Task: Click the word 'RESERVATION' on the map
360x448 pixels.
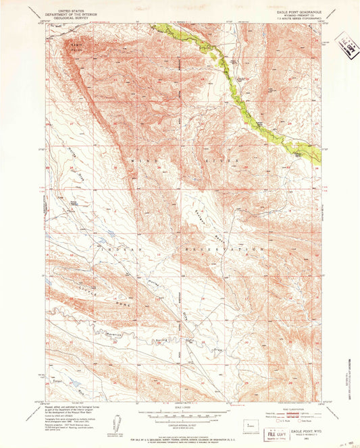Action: pos(226,250)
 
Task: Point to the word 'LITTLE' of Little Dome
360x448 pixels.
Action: pos(71,292)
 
